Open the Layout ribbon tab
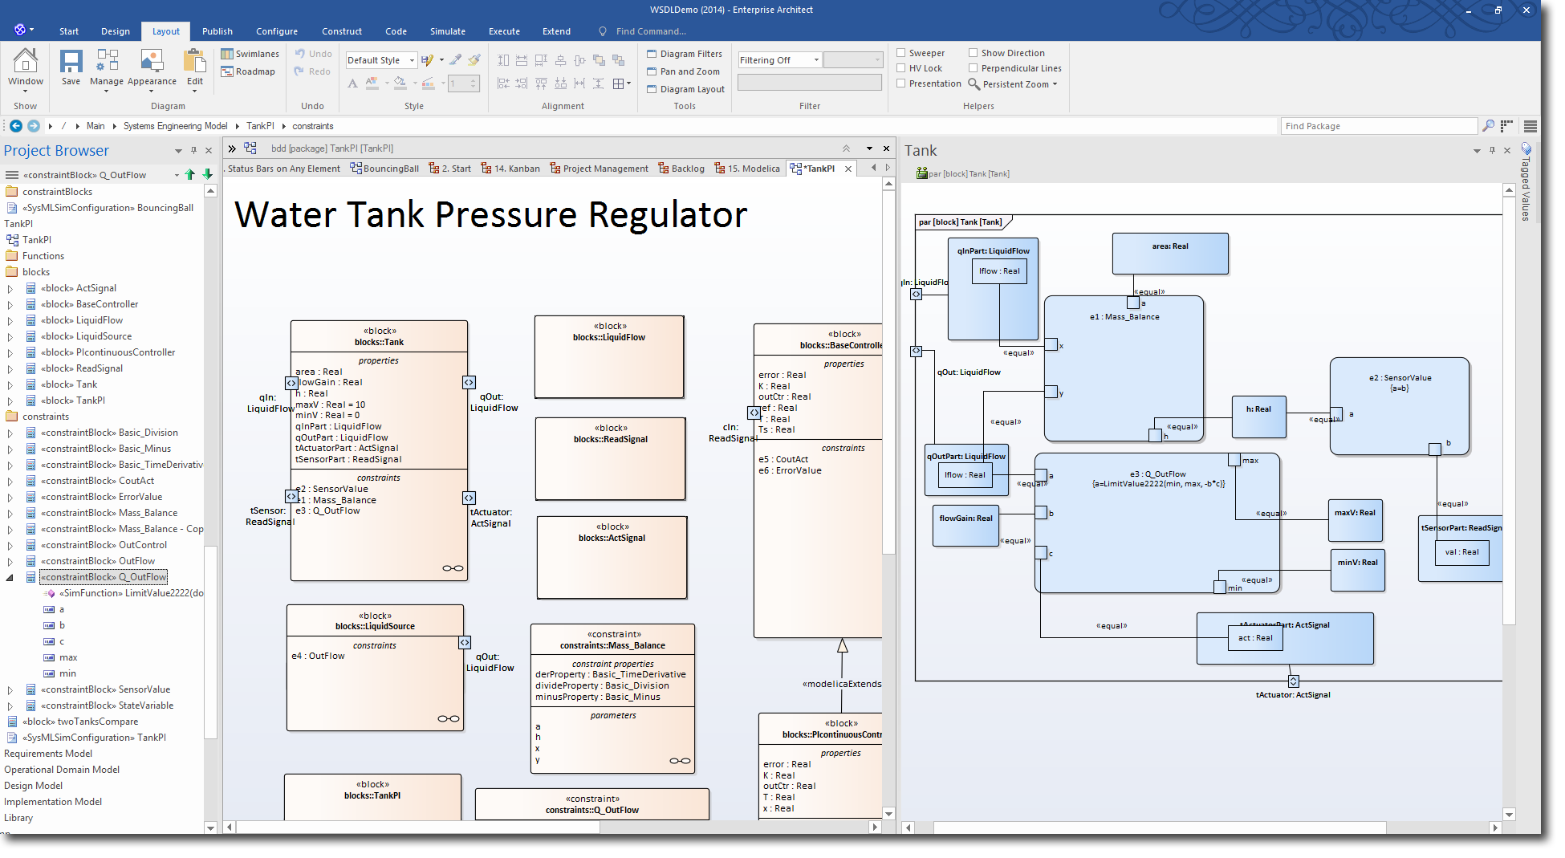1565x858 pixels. (x=165, y=31)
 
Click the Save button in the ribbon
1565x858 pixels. (x=71, y=67)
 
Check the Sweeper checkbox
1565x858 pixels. (x=901, y=53)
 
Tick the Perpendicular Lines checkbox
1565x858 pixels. (x=974, y=68)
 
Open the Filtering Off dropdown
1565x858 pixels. (x=779, y=60)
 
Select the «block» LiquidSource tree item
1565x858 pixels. (x=87, y=336)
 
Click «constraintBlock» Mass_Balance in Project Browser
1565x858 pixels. (x=109, y=513)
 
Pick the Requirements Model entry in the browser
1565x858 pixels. (x=48, y=754)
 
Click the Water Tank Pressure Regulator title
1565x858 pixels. (x=490, y=215)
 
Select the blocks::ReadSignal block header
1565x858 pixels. (x=610, y=439)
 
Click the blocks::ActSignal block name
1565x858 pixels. (x=612, y=538)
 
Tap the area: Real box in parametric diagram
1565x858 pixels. (x=1169, y=247)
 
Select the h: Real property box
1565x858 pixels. (x=1258, y=409)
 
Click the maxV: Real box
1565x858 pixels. (x=1354, y=513)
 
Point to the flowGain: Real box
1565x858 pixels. (x=965, y=518)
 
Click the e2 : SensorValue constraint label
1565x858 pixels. (x=1400, y=378)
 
